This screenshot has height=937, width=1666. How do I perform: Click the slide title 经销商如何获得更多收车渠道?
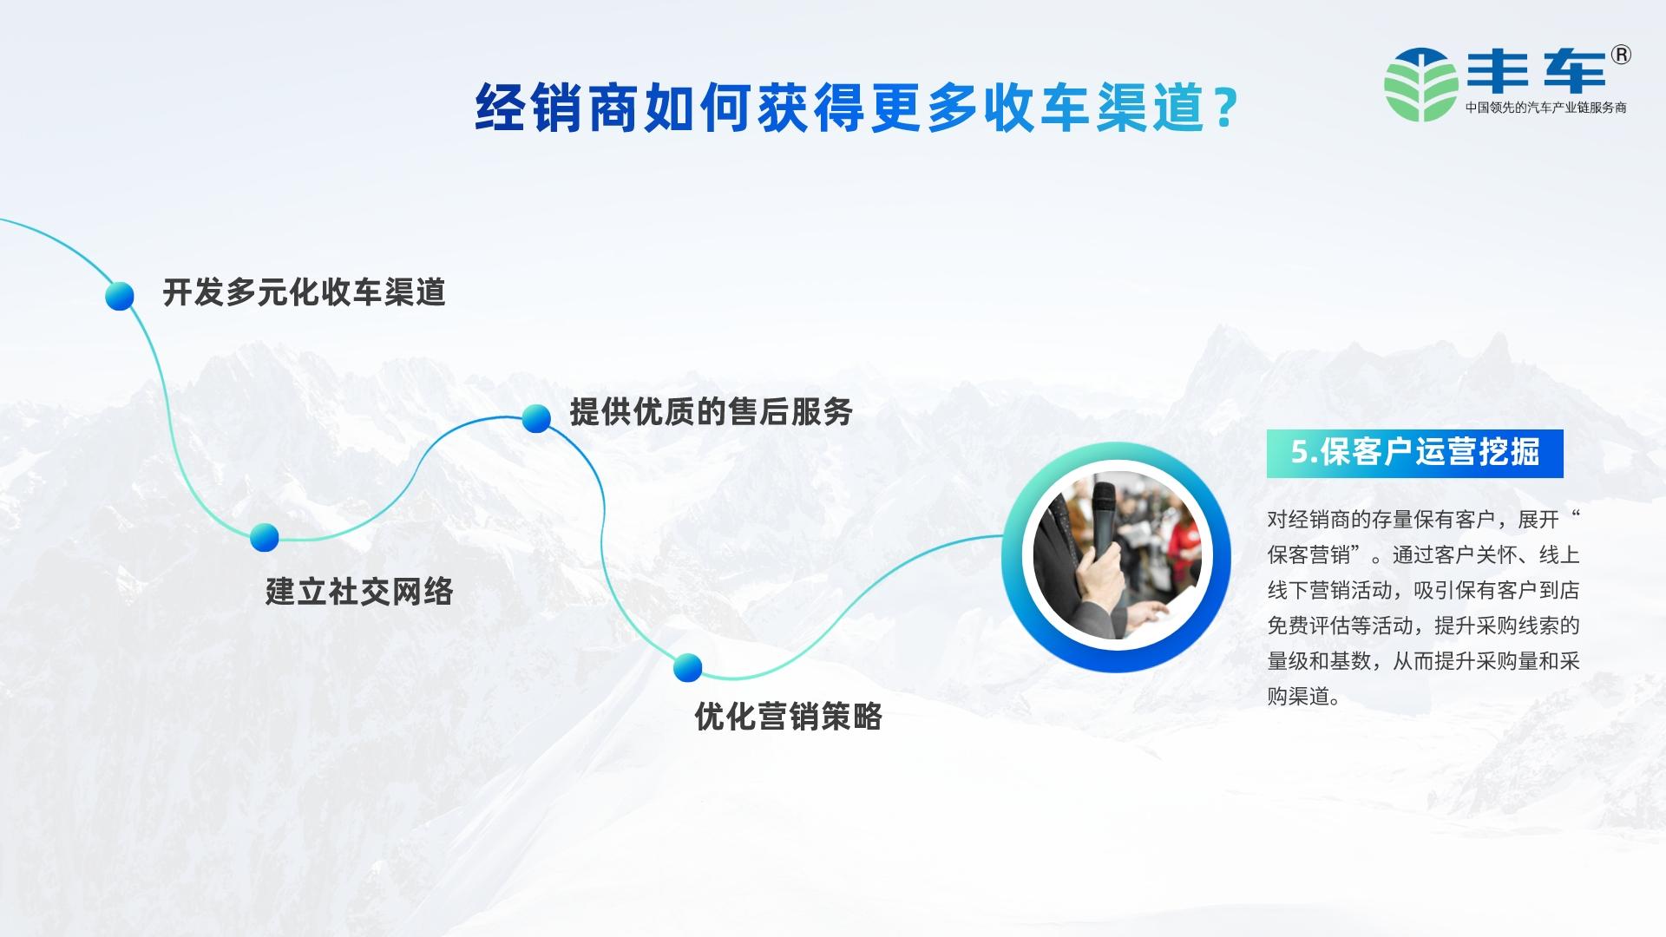tap(839, 108)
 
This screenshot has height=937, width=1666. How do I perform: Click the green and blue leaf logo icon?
tap(1420, 84)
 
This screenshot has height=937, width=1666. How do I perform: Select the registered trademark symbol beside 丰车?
tap(1620, 55)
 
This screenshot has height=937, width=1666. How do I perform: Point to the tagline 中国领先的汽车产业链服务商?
tap(1545, 108)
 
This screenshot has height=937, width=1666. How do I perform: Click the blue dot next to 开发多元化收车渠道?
tap(120, 296)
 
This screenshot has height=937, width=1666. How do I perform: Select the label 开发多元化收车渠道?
tap(304, 292)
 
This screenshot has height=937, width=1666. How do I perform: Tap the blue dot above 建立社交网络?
tap(265, 537)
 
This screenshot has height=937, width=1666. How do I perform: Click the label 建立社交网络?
tap(359, 592)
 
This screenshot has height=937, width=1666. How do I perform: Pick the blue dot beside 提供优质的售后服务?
tap(536, 418)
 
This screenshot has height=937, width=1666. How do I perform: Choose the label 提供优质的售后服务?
tap(711, 411)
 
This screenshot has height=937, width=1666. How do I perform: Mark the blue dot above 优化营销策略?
tap(687, 667)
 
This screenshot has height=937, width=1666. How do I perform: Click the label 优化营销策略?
tap(788, 717)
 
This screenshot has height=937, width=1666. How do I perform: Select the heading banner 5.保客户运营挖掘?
tap(1414, 453)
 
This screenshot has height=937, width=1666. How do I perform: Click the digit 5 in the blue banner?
tap(1299, 453)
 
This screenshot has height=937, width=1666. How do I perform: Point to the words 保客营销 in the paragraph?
tap(1309, 555)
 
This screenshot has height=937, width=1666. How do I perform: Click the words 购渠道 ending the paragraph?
tap(1298, 697)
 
